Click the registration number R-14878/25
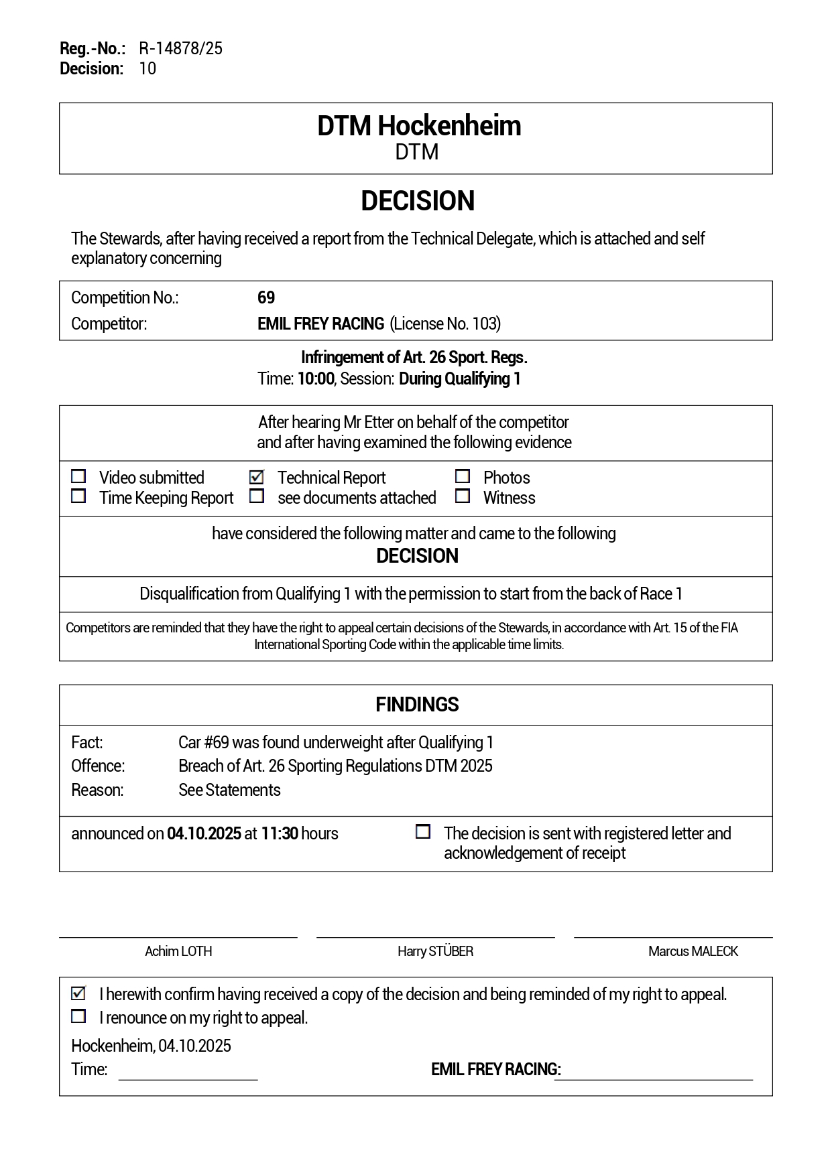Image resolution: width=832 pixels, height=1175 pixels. (x=180, y=48)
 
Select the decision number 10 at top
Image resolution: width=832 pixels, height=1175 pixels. (x=147, y=68)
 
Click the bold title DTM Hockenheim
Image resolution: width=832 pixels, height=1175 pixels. (x=418, y=126)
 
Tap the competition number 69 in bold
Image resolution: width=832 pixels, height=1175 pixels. (x=266, y=297)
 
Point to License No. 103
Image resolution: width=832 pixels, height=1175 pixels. (x=445, y=324)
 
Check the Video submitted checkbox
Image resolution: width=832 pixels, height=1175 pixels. (x=78, y=476)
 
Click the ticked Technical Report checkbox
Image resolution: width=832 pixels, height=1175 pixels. (x=256, y=477)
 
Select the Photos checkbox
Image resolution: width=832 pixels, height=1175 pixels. (x=462, y=476)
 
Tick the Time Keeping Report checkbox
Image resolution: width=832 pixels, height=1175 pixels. (x=78, y=496)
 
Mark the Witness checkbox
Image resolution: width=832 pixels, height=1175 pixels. (x=462, y=496)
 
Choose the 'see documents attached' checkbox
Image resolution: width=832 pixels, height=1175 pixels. (x=256, y=496)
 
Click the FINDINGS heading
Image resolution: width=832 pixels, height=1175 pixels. (x=417, y=705)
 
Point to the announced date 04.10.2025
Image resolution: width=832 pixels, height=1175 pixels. (x=204, y=833)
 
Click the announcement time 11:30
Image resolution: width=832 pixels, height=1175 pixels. (x=279, y=833)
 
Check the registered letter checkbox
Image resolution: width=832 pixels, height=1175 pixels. (x=423, y=832)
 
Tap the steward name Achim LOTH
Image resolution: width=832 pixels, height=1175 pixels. (x=178, y=951)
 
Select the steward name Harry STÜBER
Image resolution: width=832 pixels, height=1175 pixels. (x=435, y=951)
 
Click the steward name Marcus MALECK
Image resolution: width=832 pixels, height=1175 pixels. (x=693, y=951)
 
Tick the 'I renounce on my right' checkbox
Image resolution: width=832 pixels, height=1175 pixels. (x=78, y=1016)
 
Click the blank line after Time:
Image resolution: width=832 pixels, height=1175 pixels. (x=188, y=1072)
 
